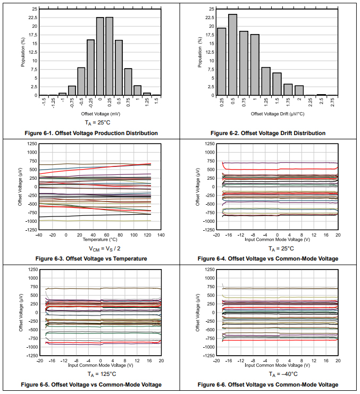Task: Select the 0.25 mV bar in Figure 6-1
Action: pos(110,56)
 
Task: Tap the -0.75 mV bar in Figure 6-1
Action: pos(72,90)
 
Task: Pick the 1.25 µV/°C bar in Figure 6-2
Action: pos(266,81)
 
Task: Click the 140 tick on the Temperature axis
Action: pos(161,234)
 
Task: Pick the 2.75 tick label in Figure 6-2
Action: pos(332,103)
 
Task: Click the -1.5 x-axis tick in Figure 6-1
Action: pos(44,103)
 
